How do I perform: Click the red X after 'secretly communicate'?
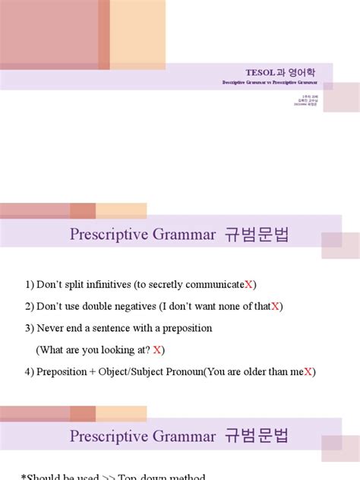tap(249, 285)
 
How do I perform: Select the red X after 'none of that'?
tap(276, 306)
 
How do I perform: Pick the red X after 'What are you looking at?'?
tap(158, 350)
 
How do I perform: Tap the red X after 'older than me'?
tap(310, 372)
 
